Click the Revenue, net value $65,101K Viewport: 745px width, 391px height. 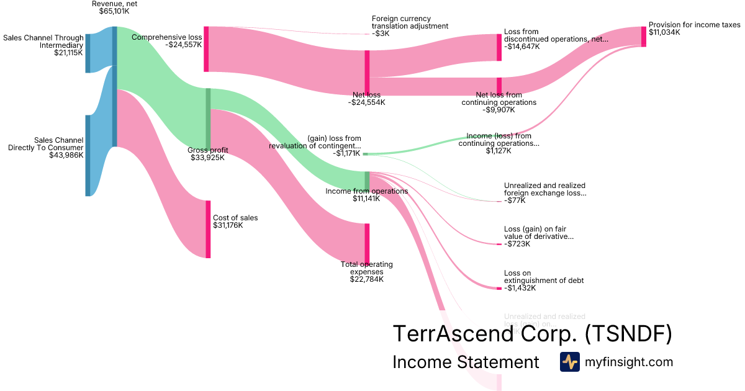114,11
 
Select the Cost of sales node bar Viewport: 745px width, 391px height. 208,228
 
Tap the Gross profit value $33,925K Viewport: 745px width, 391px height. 207,158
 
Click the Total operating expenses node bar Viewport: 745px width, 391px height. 367,243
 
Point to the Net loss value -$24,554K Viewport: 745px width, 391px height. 366,102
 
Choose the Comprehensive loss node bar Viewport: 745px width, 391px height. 206,49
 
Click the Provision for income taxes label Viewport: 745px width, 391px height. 694,25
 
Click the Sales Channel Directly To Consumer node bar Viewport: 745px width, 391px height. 88,155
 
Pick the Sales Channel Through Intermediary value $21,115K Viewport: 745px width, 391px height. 68,53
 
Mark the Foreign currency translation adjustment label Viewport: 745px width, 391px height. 410,22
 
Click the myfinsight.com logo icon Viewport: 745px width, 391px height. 569,362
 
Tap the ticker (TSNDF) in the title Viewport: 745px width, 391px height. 628,335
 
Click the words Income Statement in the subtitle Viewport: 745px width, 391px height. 466,362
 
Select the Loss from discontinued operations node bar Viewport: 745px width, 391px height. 499,47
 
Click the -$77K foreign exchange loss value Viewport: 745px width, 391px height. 515,200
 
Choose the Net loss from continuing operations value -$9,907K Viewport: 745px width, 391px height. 499,110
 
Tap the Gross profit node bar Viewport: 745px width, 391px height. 208,118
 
